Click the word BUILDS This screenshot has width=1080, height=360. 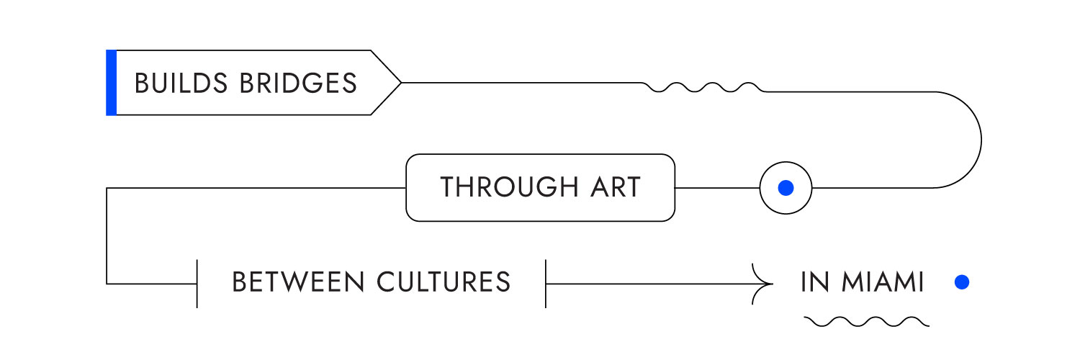tap(181, 83)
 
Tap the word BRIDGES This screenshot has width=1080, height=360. tap(299, 83)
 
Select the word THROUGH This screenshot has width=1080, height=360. tap(509, 187)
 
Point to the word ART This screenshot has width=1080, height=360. tap(616, 187)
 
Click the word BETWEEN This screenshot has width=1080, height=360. tap(298, 282)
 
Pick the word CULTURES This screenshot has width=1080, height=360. tap(444, 282)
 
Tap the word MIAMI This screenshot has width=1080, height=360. tap(883, 282)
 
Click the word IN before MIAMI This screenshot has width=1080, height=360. tap(815, 282)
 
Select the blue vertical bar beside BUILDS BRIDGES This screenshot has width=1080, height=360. tap(112, 83)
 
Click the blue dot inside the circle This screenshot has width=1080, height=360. tap(786, 188)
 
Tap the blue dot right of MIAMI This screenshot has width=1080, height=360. tap(962, 282)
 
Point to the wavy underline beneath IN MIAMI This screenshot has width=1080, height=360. tap(866, 321)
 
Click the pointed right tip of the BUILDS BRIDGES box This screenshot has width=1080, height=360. tap(401, 83)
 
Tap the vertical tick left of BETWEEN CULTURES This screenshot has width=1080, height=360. tap(197, 284)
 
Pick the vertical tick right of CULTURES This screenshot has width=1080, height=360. tap(546, 284)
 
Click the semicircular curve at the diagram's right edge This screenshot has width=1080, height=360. tap(981, 140)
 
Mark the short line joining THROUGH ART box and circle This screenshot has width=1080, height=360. tap(717, 188)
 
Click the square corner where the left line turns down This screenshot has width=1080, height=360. tap(107, 188)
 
